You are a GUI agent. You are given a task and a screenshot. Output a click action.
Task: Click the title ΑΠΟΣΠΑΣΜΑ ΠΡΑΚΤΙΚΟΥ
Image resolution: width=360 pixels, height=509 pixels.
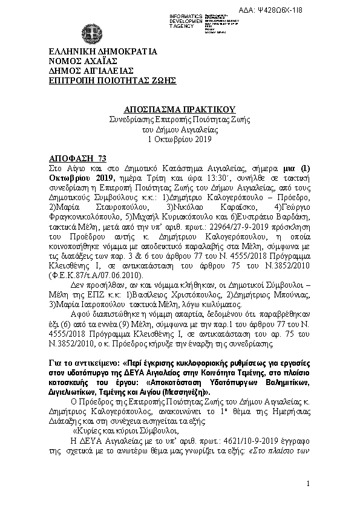tap(179, 109)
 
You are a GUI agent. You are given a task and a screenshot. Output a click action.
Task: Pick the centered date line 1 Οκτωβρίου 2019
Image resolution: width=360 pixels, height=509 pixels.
tap(179, 139)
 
